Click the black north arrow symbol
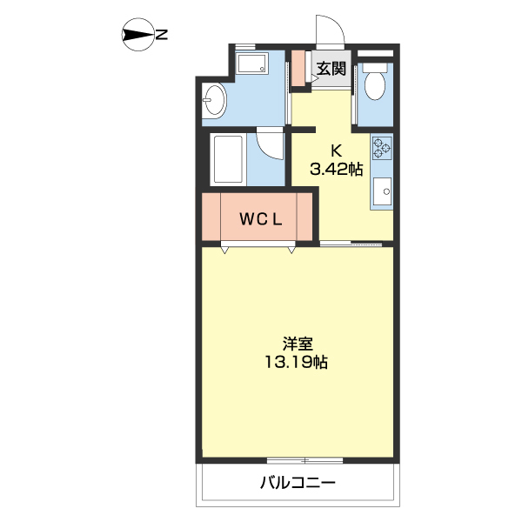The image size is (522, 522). pyautogui.click(x=136, y=36)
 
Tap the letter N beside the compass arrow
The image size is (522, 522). pyautogui.click(x=163, y=36)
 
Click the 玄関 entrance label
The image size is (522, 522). pyautogui.click(x=331, y=68)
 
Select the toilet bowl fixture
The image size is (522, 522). pyautogui.click(x=377, y=85)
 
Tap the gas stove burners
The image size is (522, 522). pyautogui.click(x=381, y=149)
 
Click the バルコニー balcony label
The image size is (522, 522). pyautogui.click(x=297, y=484)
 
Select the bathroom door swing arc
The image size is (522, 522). pyautogui.click(x=271, y=144)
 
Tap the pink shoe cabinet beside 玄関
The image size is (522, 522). pyautogui.click(x=298, y=69)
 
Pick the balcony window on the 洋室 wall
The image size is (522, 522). pyautogui.click(x=298, y=459)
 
